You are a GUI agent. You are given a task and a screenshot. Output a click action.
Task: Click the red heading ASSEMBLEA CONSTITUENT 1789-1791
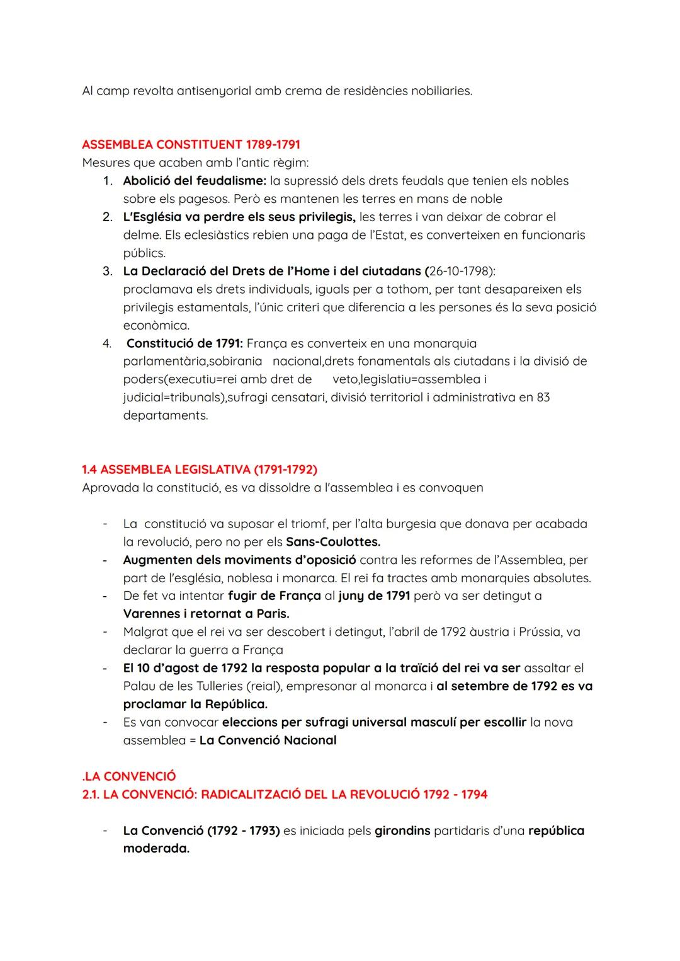pos(191,145)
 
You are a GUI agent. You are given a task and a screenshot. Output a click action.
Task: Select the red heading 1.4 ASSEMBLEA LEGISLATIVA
pos(200,469)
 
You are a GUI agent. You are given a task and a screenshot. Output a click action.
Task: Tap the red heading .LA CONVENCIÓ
pos(129,776)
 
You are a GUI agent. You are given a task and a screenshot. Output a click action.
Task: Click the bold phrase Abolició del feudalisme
pos(194,181)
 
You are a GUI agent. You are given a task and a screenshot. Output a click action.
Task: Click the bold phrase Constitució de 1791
pos(184,343)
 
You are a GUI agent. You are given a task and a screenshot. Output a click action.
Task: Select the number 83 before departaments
pos(543,398)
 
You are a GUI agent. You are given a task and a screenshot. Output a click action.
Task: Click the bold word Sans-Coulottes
pos(333,542)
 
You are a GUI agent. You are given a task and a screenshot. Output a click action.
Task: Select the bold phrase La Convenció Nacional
pos(268,740)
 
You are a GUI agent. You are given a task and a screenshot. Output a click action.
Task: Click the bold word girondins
pos(402,831)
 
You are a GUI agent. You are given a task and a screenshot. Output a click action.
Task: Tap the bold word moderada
pos(156,849)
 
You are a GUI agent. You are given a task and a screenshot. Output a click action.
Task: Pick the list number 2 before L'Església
pos(107,217)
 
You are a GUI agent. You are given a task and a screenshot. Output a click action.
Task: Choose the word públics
pos(144,253)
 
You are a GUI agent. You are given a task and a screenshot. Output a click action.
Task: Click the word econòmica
pos(156,326)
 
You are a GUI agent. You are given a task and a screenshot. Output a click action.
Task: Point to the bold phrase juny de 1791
pos(374,596)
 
